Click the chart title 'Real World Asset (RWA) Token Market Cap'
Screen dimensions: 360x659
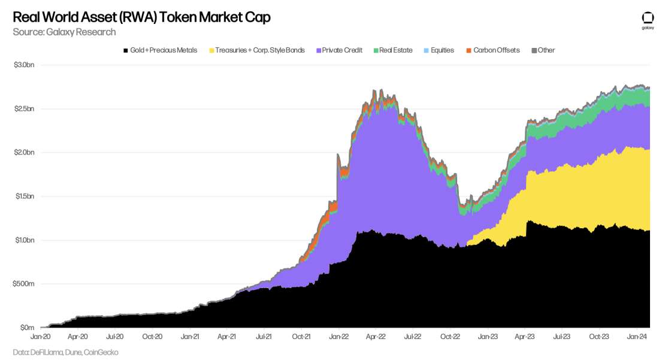pos(141,17)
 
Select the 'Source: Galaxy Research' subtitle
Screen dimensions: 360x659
pos(64,32)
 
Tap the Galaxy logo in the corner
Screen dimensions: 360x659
pos(648,20)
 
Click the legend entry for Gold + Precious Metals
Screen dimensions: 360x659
pos(160,50)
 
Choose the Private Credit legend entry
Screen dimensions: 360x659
pos(339,50)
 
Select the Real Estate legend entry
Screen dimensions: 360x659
pos(392,50)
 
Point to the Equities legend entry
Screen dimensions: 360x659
pos(439,50)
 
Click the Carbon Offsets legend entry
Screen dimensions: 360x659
pos(492,50)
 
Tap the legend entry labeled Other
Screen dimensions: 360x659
pos(543,50)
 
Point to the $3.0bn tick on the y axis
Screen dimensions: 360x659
pos(24,65)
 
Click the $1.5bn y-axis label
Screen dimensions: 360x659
pos(24,196)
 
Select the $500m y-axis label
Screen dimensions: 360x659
pos(24,284)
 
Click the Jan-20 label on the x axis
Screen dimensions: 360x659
pos(41,337)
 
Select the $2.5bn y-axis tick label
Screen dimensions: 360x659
pos(24,109)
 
